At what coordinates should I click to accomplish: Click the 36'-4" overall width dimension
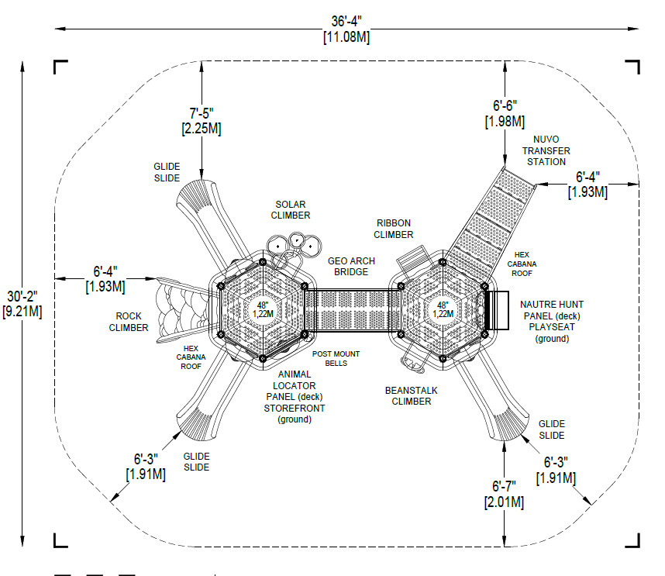(346, 21)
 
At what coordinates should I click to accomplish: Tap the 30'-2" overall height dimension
(22, 296)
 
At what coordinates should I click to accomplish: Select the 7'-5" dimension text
(202, 113)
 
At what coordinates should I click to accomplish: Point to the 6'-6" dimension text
(505, 105)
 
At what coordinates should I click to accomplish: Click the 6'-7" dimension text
(504, 486)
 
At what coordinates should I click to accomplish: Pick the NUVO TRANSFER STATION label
(546, 150)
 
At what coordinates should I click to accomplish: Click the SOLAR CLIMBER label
(291, 210)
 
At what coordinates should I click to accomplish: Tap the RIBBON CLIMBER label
(394, 229)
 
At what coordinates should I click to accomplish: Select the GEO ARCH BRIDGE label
(351, 267)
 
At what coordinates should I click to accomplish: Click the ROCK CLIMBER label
(129, 322)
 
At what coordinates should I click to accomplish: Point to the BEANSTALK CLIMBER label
(412, 395)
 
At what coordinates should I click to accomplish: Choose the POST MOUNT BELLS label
(336, 358)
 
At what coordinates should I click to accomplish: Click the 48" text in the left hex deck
(263, 305)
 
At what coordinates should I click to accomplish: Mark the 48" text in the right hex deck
(443, 305)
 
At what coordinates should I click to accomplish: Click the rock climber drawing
(183, 310)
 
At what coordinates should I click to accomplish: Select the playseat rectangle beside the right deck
(497, 310)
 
